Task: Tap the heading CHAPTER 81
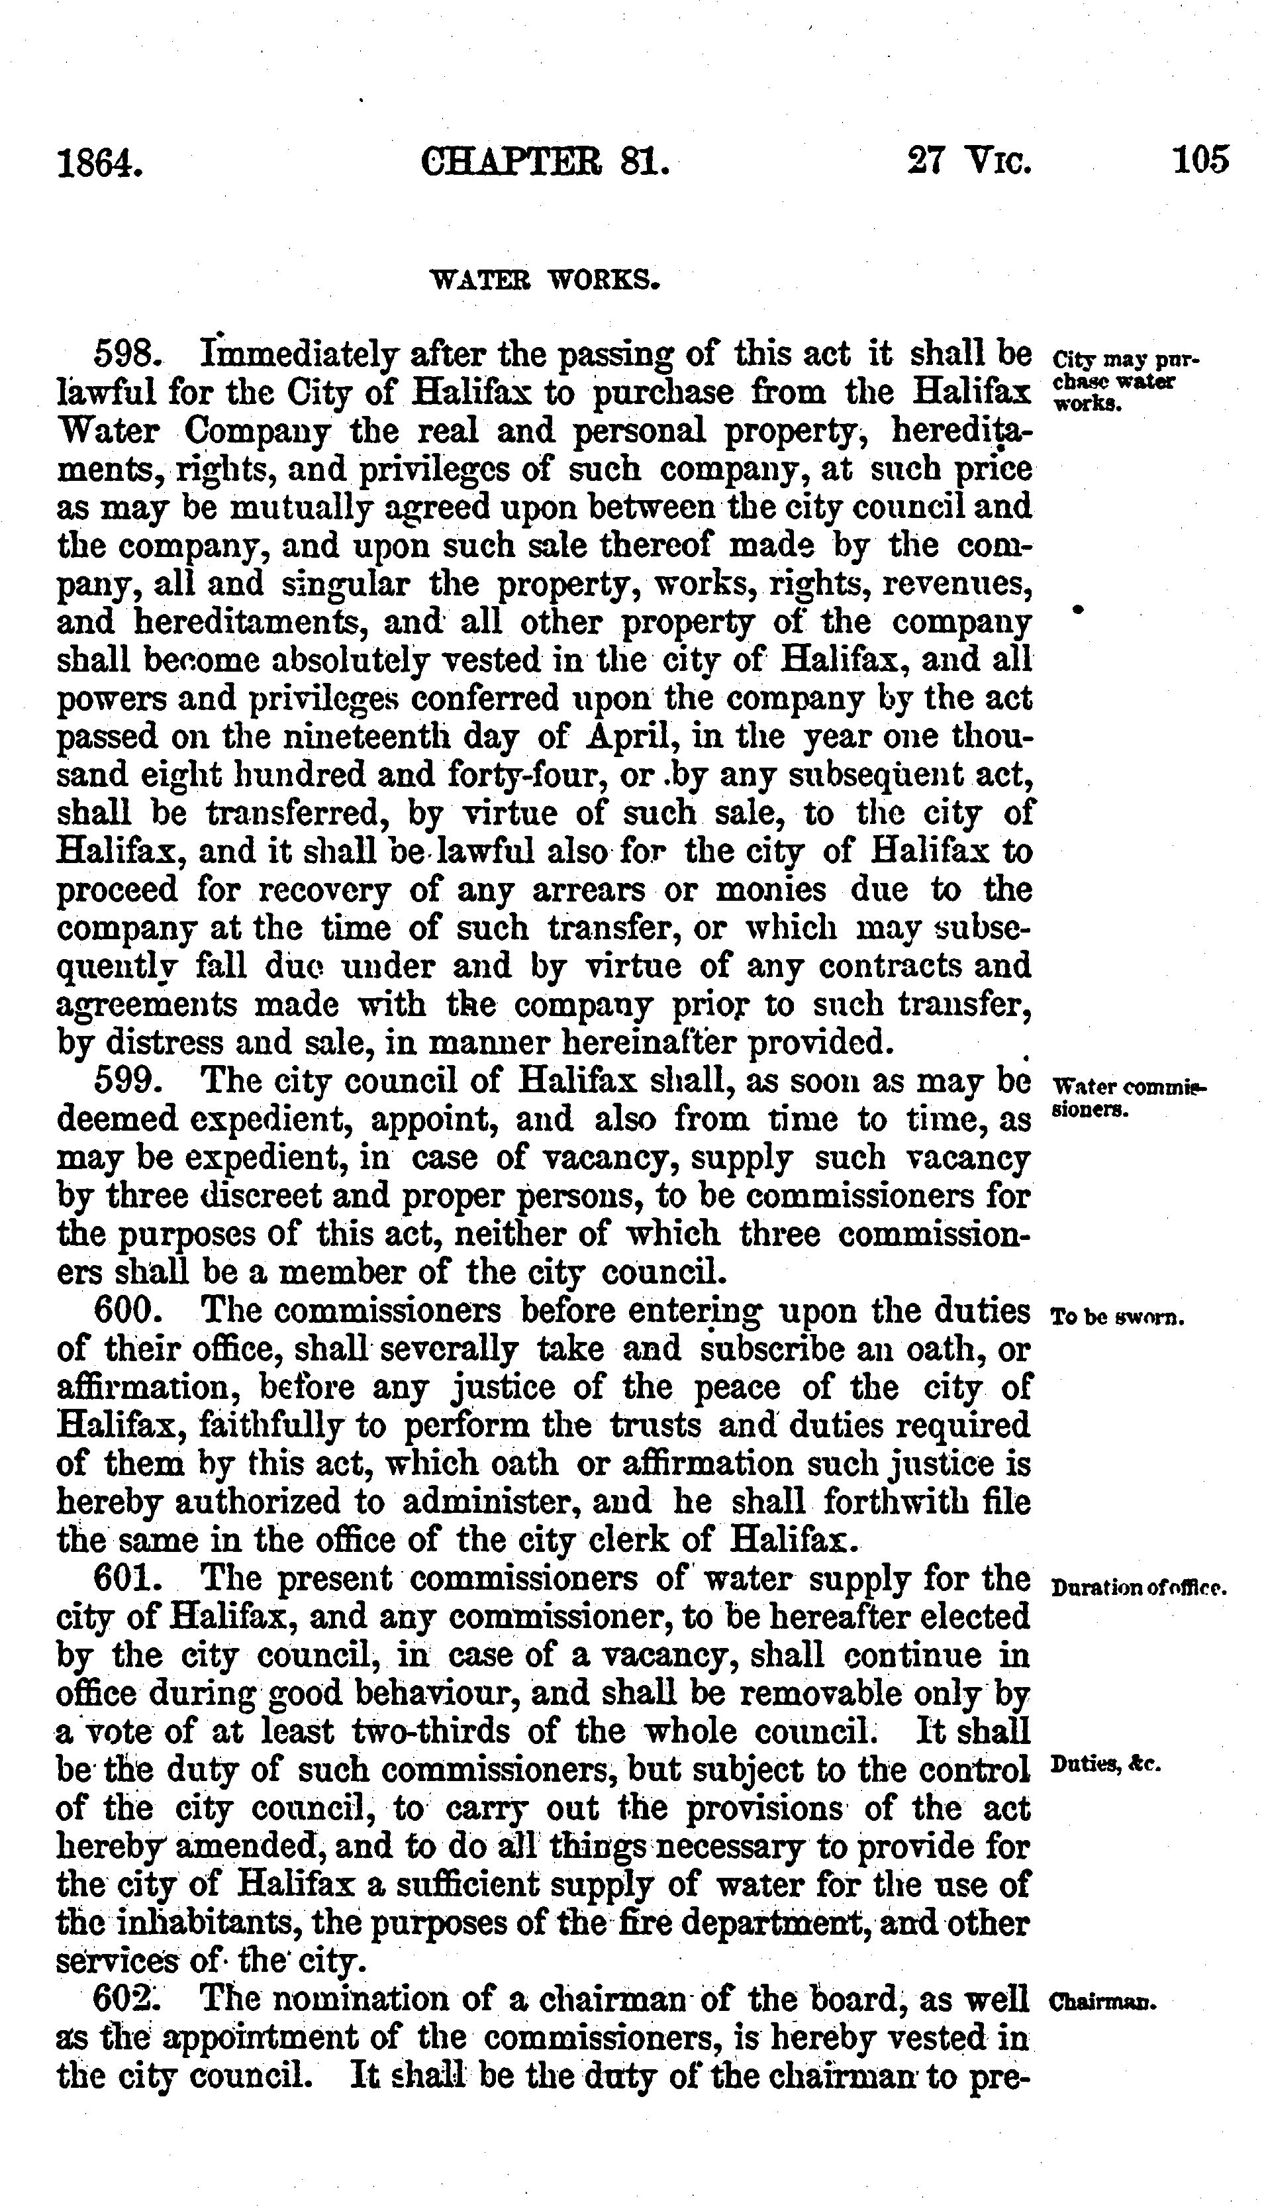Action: pyautogui.click(x=545, y=162)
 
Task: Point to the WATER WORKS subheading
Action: pyautogui.click(x=547, y=280)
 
